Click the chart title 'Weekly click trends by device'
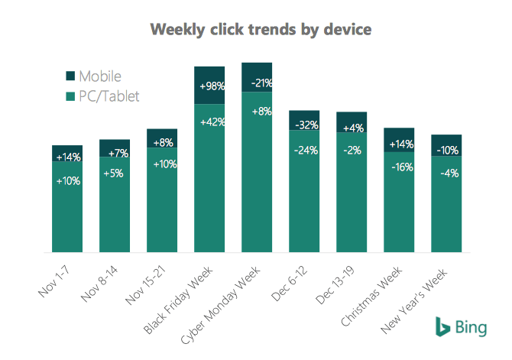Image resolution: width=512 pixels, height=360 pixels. (261, 30)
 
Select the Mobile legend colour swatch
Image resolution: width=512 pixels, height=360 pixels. (71, 76)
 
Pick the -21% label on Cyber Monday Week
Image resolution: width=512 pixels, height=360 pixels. (257, 82)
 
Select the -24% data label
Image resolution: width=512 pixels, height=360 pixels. (303, 149)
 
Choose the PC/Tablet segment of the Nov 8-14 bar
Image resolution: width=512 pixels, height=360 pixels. (115, 206)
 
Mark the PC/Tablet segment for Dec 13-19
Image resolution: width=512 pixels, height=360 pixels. (352, 199)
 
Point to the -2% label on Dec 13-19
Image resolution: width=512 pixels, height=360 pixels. (351, 150)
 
